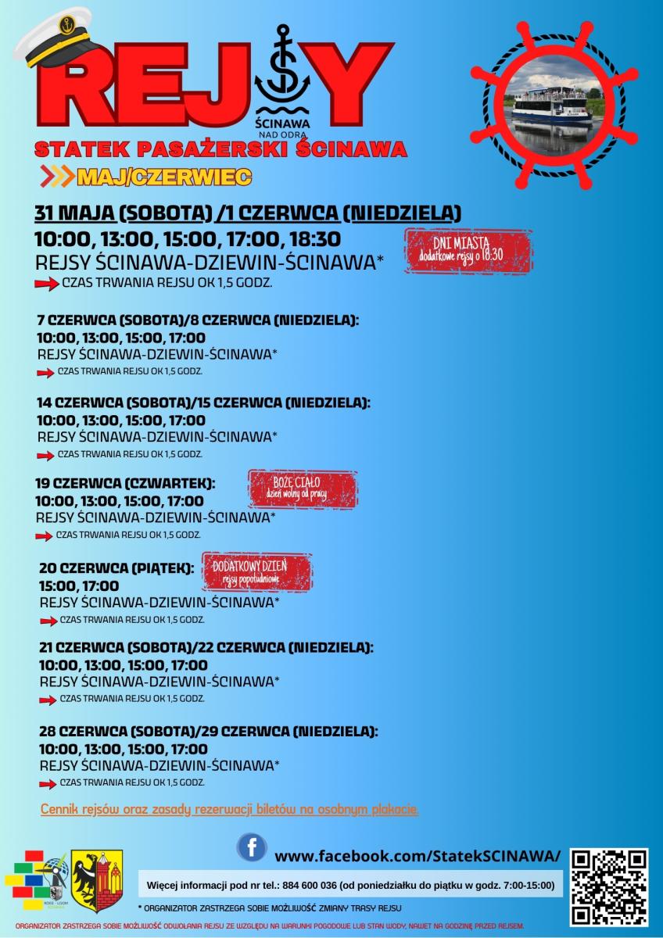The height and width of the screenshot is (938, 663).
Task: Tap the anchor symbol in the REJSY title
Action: pyautogui.click(x=283, y=74)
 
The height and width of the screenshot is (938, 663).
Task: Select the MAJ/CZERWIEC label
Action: pyautogui.click(x=163, y=177)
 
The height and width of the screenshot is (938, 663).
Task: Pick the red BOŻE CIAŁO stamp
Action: pyautogui.click(x=303, y=489)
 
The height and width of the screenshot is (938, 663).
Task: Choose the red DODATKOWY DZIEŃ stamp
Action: pyautogui.click(x=257, y=571)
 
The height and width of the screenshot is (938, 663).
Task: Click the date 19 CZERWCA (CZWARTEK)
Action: pyautogui.click(x=125, y=483)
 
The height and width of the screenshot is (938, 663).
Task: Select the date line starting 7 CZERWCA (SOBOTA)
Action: pyautogui.click(x=197, y=320)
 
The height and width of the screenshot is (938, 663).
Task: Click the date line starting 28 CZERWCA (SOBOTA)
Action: pyautogui.click(x=208, y=732)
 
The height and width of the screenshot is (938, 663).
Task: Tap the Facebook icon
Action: pyautogui.click(x=252, y=847)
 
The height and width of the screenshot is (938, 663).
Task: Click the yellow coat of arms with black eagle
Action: pyautogui.click(x=98, y=881)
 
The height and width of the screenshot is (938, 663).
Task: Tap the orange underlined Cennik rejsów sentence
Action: pyautogui.click(x=229, y=809)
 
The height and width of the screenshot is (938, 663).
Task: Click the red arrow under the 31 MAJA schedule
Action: pyautogui.click(x=47, y=284)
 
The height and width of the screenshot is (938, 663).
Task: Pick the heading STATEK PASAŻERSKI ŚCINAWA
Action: pyautogui.click(x=220, y=149)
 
